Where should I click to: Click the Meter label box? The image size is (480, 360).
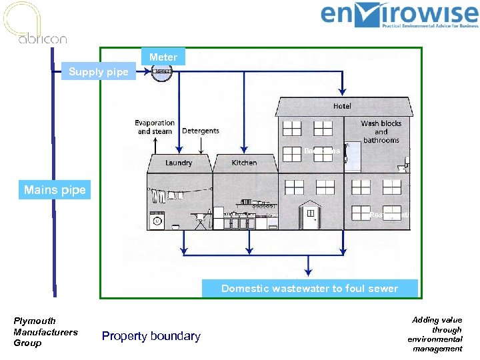[163, 57]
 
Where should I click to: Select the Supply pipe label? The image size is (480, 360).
[99, 72]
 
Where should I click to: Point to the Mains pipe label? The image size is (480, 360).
[55, 190]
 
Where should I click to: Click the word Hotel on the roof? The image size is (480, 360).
[343, 106]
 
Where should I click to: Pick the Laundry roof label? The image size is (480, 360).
[179, 163]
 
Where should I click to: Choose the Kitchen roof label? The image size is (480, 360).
[244, 163]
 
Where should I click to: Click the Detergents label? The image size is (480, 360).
[201, 131]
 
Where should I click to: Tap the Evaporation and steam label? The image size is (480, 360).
[155, 127]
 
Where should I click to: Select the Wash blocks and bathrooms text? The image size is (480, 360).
[381, 131]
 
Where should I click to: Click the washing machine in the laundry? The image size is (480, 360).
[157, 220]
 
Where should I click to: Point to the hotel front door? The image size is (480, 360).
[310, 217]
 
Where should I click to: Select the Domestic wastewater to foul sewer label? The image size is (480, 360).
[309, 288]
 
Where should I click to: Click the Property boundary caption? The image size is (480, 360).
[151, 336]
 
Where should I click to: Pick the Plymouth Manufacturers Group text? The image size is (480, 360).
[45, 332]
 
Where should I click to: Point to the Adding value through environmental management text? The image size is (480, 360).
[437, 334]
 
